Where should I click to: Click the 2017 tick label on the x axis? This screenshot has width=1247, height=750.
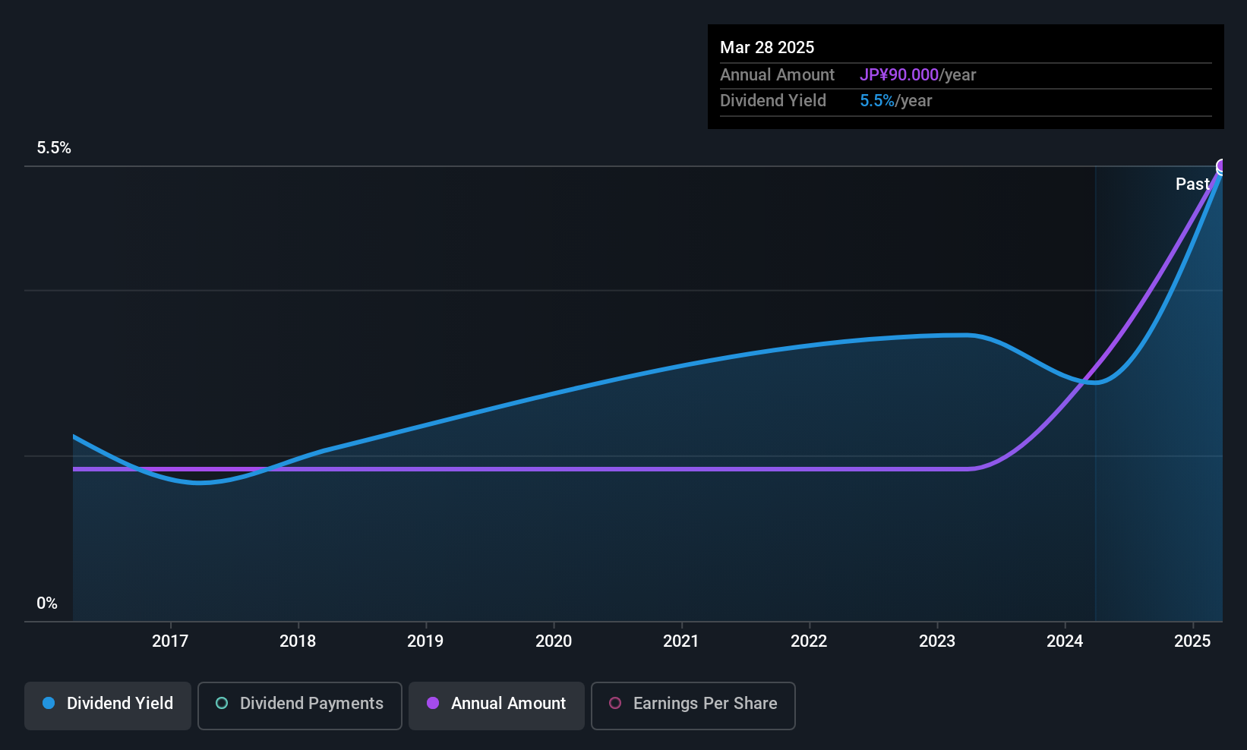click(170, 641)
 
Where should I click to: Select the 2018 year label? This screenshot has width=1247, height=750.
click(298, 641)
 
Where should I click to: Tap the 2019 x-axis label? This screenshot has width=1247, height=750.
click(425, 641)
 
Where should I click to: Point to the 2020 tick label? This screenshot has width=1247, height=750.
click(554, 641)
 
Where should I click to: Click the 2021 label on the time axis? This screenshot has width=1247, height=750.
click(681, 641)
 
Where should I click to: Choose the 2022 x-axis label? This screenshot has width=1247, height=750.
click(809, 641)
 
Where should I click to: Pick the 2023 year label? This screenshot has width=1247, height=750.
click(937, 641)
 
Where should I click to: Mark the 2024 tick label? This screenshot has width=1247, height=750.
click(1065, 641)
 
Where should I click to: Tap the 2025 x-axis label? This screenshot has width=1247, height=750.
click(1192, 641)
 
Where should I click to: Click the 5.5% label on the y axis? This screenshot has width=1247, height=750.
click(54, 148)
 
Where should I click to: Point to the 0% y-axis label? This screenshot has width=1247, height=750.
click(47, 603)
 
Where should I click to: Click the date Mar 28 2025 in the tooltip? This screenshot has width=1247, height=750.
click(767, 47)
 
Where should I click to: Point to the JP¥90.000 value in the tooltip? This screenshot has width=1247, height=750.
click(899, 74)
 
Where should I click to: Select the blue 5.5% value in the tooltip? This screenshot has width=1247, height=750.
click(877, 101)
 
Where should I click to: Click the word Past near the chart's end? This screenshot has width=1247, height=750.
click(1192, 184)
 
